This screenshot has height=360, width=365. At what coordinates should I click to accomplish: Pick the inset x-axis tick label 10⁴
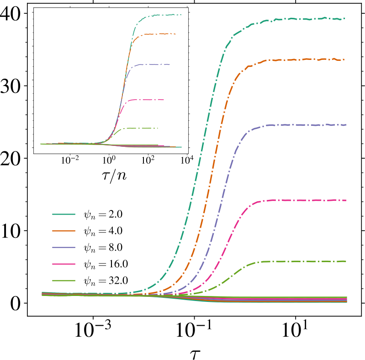[x=185, y=160]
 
